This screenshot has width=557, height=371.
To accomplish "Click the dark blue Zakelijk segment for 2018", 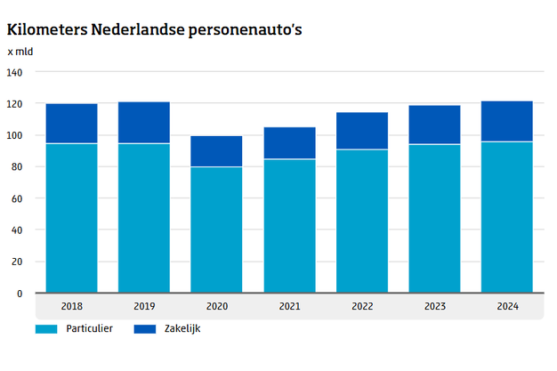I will [72, 124].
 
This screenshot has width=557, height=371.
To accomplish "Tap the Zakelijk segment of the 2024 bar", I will [507, 121].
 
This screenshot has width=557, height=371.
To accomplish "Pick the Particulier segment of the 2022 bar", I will [362, 221].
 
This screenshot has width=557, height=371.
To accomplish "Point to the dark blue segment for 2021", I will [289, 143].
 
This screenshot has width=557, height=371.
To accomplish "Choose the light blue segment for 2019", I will [144, 218].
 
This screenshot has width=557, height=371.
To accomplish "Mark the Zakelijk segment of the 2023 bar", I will [434, 125].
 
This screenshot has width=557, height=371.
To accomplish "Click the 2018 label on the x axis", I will [72, 306].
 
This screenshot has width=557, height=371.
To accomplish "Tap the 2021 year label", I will [289, 306].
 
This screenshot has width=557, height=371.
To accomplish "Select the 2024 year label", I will [507, 306].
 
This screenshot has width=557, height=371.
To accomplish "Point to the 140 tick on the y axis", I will [15, 72].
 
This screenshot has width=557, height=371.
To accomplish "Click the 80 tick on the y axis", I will [18, 167].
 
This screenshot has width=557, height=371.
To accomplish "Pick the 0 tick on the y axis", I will [20, 294].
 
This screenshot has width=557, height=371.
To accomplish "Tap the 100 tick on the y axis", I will [15, 136].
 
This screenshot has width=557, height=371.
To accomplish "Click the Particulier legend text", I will [89, 329].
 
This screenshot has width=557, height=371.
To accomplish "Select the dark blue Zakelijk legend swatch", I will [144, 329].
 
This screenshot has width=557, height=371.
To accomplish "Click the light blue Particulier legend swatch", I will [46, 329].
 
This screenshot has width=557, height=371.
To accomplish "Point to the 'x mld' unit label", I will [21, 52].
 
